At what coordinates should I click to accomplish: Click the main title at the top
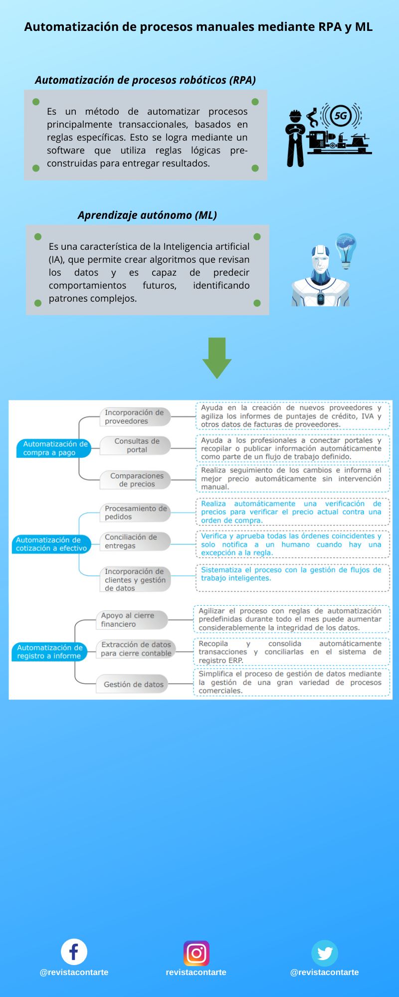pyautogui.click(x=199, y=27)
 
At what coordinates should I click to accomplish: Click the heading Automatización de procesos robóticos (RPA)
pyautogui.click(x=145, y=80)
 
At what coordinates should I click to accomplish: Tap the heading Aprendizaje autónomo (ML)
pyautogui.click(x=147, y=215)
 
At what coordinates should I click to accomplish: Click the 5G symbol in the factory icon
pyautogui.click(x=341, y=116)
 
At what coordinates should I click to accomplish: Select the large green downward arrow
pyautogui.click(x=217, y=357)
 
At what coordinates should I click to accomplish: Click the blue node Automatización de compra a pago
pyautogui.click(x=55, y=448)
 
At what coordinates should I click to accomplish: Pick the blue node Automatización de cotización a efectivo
pyautogui.click(x=51, y=544)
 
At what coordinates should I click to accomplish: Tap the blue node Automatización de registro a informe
pyautogui.click(x=49, y=652)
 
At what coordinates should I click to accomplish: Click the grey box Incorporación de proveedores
pyautogui.click(x=135, y=417)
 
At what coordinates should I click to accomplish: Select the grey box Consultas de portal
pyautogui.click(x=136, y=445)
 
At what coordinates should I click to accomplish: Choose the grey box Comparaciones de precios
pyautogui.click(x=136, y=480)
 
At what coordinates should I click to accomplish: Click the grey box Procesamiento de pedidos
pyautogui.click(x=136, y=512)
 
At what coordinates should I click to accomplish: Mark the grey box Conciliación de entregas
pyautogui.click(x=135, y=541)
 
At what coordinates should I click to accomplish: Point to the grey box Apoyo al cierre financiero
pyautogui.click(x=131, y=620)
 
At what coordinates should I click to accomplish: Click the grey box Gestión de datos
pyautogui.click(x=133, y=684)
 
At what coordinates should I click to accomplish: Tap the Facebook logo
pyautogui.click(x=74, y=952)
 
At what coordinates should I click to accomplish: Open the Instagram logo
pyautogui.click(x=196, y=953)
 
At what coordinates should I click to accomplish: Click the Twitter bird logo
pyautogui.click(x=325, y=953)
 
